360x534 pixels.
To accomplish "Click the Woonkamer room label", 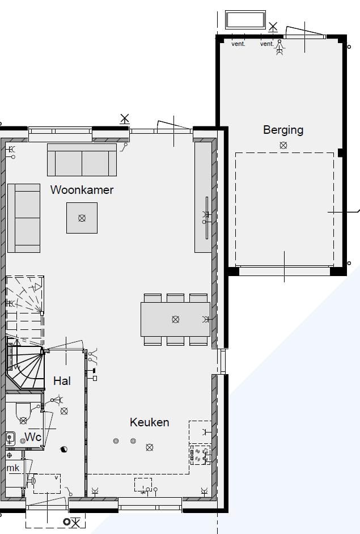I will tap(82, 190).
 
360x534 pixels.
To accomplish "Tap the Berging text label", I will tap(283, 130).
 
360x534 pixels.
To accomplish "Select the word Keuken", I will tap(149, 422).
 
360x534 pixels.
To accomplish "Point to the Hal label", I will tap(62, 381).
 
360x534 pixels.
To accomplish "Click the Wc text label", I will tap(32, 438).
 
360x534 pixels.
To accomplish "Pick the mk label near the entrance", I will tap(12, 468).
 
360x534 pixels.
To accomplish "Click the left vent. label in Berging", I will tap(238, 44).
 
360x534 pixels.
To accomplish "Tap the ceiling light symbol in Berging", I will tap(283, 145).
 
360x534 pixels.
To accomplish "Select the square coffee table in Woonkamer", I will tap(82, 218).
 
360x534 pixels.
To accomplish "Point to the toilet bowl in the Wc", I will tap(23, 413).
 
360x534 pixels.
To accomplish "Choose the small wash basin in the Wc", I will tap(10, 438).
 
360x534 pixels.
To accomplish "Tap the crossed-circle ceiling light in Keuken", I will tap(150, 447).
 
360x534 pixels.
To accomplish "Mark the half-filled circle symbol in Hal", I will tap(63, 449).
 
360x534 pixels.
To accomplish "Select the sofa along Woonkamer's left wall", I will tap(24, 218).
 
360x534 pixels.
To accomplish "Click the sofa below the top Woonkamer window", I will tap(82, 160).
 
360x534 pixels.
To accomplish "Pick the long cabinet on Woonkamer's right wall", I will tap(202, 197).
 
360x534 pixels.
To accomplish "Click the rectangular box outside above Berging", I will tap(245, 20).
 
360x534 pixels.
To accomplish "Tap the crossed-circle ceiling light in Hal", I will tap(64, 411).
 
